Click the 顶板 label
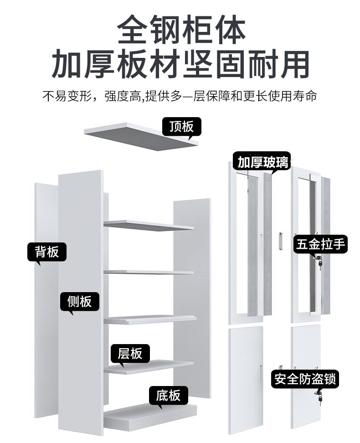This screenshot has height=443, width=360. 181,126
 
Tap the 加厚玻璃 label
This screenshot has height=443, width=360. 263,162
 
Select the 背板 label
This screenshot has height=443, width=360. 47,251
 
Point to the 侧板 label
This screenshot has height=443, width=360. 80,301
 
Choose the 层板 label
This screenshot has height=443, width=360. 130,353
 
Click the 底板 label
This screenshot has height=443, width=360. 168,395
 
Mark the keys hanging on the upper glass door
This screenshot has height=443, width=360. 319,263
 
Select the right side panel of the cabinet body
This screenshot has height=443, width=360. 192,296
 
